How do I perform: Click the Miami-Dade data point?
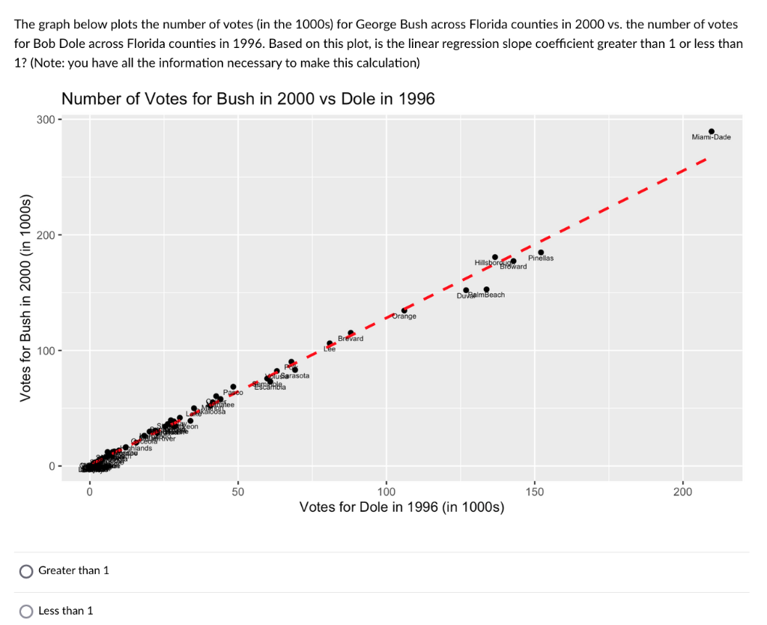coord(712,131)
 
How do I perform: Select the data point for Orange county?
coord(404,310)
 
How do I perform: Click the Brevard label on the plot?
coord(351,339)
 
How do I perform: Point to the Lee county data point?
coord(330,343)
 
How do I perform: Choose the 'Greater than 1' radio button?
coord(26,571)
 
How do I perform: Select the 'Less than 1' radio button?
coord(26,611)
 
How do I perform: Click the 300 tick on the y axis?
coord(45,119)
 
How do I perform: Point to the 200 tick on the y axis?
coord(45,235)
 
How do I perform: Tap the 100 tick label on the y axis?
coord(45,351)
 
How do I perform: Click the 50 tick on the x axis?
coord(237,492)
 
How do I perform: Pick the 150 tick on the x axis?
coord(534,492)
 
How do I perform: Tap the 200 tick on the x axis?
coord(682,492)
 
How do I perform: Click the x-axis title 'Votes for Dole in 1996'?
coord(401,507)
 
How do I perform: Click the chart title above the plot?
coord(248,99)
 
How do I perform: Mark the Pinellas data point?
coord(541,253)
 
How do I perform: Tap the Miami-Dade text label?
coord(712,137)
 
